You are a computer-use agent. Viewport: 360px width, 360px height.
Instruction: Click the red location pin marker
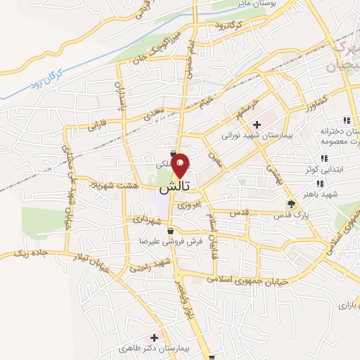[180, 165]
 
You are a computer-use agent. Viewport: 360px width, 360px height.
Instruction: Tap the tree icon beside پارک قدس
[290, 203]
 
